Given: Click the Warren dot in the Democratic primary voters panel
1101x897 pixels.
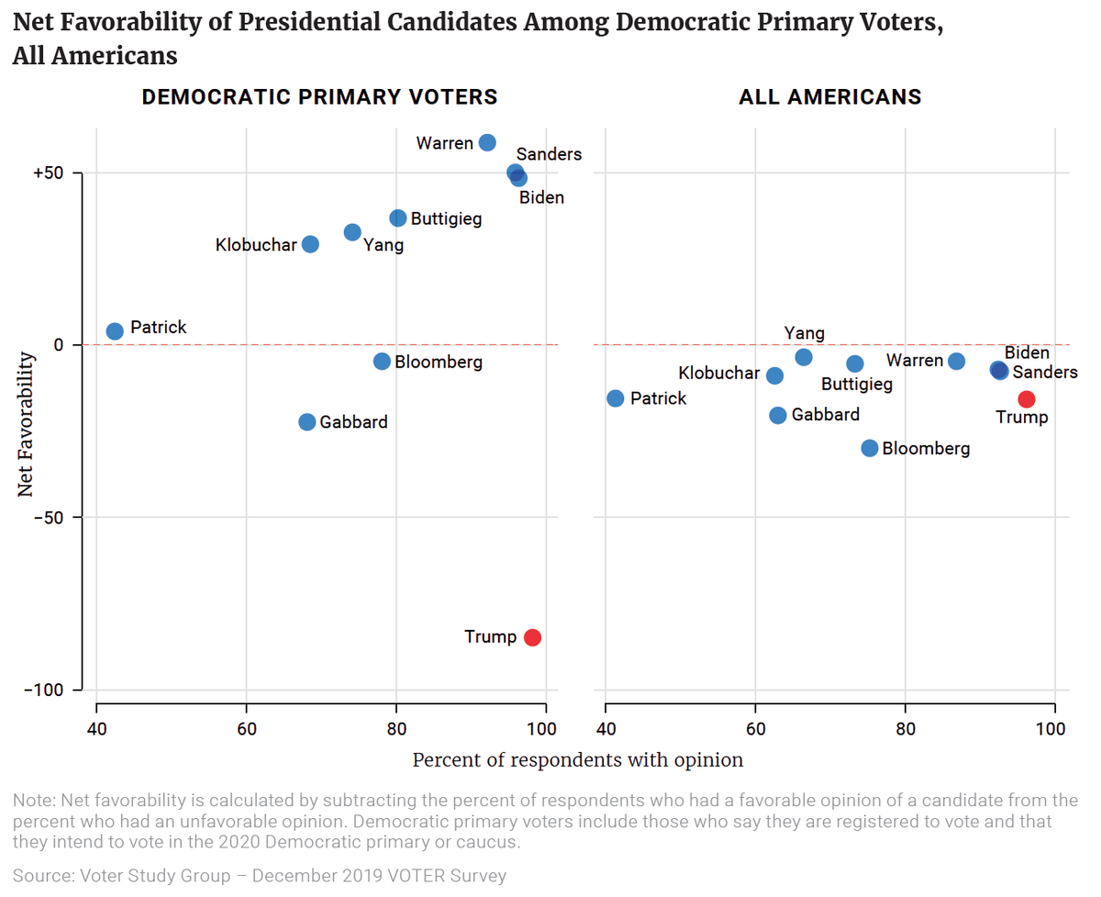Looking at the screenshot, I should (487, 142).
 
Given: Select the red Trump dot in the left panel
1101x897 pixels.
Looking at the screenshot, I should (532, 637).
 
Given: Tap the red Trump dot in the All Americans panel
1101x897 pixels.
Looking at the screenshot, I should (1027, 398).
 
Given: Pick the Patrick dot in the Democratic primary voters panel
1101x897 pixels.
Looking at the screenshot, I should (115, 331).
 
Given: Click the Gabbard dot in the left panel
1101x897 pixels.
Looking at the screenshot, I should (307, 422).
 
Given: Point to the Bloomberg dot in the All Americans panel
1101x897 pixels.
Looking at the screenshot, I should (870, 448).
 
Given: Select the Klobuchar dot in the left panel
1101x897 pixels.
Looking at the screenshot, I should (310, 244).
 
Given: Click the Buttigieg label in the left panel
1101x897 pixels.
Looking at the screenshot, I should (446, 219).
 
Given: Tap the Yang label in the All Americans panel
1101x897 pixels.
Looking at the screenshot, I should (805, 333).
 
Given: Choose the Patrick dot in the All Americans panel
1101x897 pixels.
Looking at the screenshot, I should (616, 398).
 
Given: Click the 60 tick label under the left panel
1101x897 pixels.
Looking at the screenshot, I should (246, 730).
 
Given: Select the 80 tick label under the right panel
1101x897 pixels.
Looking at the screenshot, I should (905, 730).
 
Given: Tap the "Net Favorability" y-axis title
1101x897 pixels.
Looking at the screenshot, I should (27, 426).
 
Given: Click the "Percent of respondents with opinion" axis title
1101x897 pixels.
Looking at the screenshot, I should (578, 760).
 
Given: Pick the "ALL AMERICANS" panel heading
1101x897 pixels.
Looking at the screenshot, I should (830, 97).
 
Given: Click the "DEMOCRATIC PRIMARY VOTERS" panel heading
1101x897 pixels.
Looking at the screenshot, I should (319, 97).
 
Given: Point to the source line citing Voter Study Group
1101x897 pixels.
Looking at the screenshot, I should (260, 876).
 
